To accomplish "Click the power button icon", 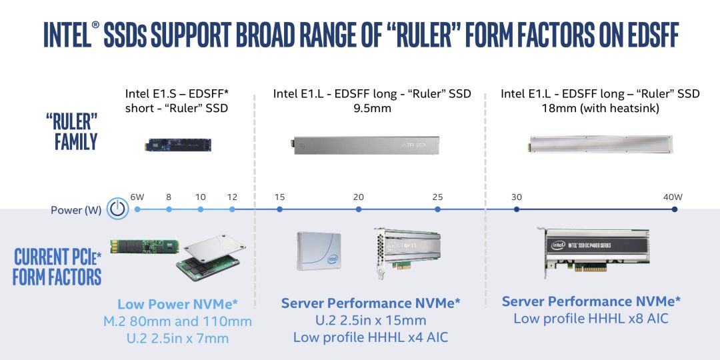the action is click(117, 209).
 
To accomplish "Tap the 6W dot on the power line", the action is click(137, 209).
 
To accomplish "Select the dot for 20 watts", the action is click(359, 209).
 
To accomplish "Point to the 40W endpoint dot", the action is click(675, 209).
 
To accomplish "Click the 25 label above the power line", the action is click(437, 197).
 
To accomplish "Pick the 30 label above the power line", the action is click(517, 197).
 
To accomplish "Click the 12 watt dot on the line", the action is click(232, 209).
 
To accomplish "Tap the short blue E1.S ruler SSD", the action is click(178, 145).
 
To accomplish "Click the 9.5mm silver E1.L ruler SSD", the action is click(365, 145).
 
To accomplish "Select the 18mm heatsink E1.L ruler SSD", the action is click(601, 144).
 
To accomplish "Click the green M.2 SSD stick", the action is click(144, 246).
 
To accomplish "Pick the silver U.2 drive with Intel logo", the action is click(319, 251).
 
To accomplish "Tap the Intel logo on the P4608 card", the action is click(558, 245).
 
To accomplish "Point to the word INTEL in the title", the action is click(67, 35).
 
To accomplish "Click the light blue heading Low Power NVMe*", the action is click(178, 304).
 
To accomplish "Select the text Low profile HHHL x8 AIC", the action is click(591, 318).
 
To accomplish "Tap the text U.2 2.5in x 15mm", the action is click(371, 320).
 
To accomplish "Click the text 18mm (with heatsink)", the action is click(600, 109).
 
